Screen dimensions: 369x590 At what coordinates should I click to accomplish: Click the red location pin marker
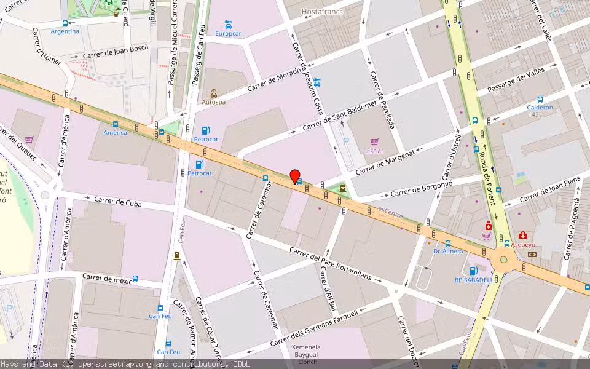(295, 176)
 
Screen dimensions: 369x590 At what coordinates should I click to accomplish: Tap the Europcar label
(228, 33)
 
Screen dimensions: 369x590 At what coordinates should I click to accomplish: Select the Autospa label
(213, 102)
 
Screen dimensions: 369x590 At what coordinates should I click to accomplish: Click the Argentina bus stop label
(65, 31)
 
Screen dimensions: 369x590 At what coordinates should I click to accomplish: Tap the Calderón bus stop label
(540, 107)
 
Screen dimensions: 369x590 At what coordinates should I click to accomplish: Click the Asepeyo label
(522, 244)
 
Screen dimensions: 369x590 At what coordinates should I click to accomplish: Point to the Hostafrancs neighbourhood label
(323, 11)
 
